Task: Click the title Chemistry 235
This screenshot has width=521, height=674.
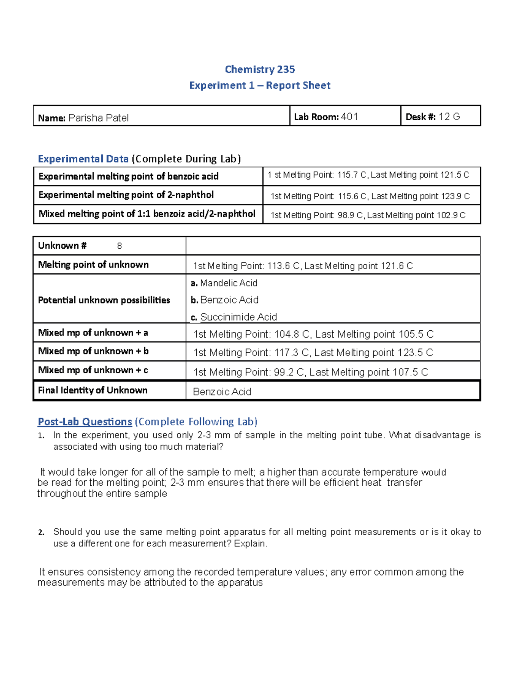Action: (260, 69)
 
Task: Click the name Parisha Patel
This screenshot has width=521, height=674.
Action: (98, 118)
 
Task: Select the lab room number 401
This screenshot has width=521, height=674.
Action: (350, 117)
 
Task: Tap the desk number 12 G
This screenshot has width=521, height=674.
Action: (449, 117)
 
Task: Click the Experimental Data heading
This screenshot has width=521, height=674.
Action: (83, 159)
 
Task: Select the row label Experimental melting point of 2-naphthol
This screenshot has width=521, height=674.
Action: (126, 195)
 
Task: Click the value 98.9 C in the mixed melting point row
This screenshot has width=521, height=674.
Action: (350, 215)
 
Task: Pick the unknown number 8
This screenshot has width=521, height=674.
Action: (119, 246)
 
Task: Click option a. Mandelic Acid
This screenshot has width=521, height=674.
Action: (224, 283)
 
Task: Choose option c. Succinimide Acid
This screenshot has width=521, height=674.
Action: (234, 317)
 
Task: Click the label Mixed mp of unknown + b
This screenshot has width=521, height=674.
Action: (93, 351)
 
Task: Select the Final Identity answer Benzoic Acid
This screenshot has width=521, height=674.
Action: (222, 392)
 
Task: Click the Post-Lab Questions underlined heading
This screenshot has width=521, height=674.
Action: (85, 422)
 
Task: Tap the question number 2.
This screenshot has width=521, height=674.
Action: (41, 533)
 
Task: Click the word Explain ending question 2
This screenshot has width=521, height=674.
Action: (251, 544)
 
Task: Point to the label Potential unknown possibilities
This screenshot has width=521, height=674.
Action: (104, 300)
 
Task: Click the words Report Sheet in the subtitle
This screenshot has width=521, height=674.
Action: (298, 85)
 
